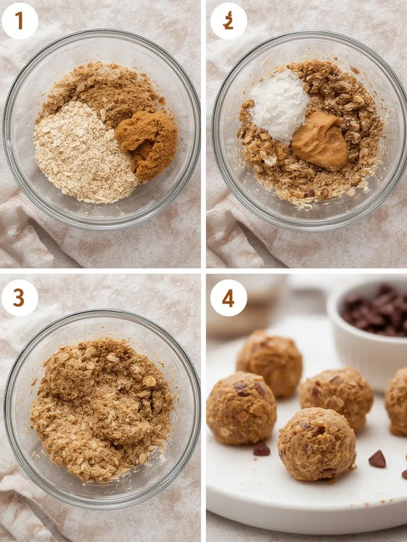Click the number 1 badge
click(x=20, y=21)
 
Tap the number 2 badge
click(x=228, y=21)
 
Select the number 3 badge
click(x=20, y=298)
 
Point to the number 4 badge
click(x=228, y=298)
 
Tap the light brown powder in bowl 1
click(x=101, y=87)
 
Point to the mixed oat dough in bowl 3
click(x=101, y=408)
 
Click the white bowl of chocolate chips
click(x=366, y=339)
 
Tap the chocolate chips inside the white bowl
click(x=377, y=311)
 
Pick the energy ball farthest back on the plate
click(x=269, y=363)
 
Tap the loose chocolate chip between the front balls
click(x=261, y=449)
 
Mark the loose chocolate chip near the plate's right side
click(x=377, y=459)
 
